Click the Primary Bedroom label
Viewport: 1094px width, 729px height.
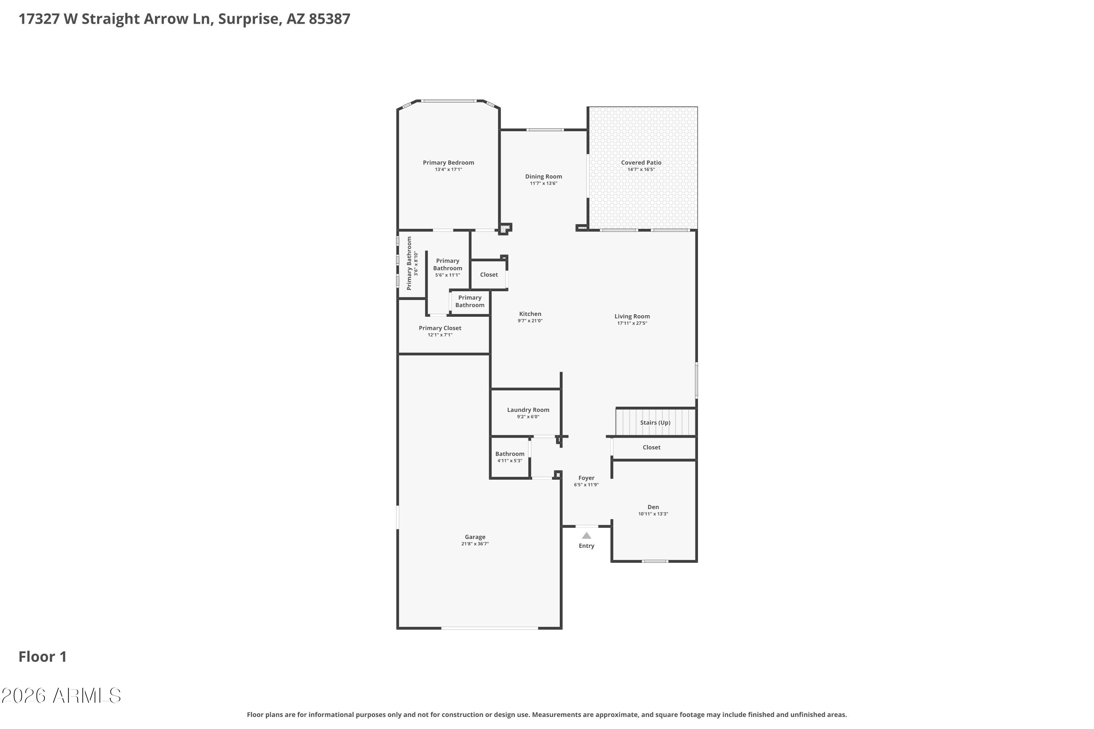(x=449, y=163)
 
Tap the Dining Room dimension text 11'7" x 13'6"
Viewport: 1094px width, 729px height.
(x=543, y=184)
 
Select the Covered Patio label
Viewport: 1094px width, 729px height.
(x=641, y=163)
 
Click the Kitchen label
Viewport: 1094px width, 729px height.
(x=530, y=314)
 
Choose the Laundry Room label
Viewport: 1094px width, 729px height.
(x=528, y=410)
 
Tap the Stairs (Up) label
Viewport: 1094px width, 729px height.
(x=655, y=422)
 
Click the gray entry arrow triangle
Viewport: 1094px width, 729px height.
(x=586, y=535)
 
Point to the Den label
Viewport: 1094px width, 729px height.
(x=653, y=507)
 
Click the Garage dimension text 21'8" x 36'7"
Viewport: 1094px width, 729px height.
(x=475, y=544)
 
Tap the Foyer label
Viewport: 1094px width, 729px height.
(x=586, y=478)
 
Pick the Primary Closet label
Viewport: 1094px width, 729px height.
(x=440, y=328)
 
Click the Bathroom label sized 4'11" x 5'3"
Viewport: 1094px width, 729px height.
(x=510, y=454)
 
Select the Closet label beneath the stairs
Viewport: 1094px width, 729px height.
(x=652, y=448)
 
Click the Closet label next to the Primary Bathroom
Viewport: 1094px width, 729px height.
(x=489, y=275)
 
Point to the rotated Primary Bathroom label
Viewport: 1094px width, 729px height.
(x=409, y=263)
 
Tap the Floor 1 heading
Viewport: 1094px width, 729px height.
(x=42, y=656)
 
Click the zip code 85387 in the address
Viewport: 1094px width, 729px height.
(x=329, y=19)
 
